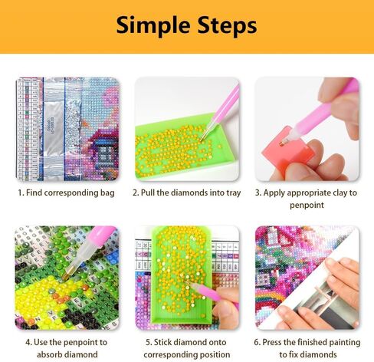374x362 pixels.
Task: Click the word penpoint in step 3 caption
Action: [x=307, y=206]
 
